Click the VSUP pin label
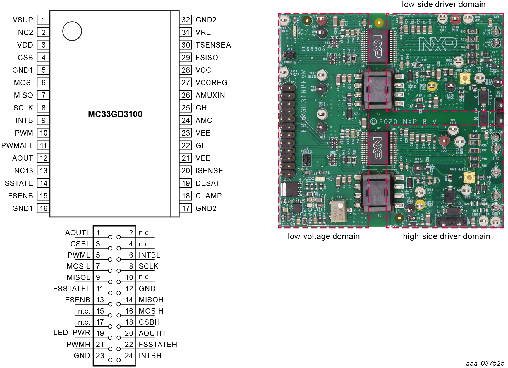pyautogui.click(x=23, y=20)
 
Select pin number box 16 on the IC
pyautogui.click(x=44, y=208)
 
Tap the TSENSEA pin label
pyautogui.click(x=213, y=45)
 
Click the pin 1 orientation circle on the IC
pyautogui.click(x=72, y=31)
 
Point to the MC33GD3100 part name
pyautogui.click(x=115, y=114)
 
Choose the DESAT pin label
pyautogui.click(x=208, y=183)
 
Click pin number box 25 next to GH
pyautogui.click(x=186, y=108)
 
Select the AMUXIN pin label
pyautogui.click(x=210, y=95)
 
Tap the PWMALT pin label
pyautogui.click(x=17, y=146)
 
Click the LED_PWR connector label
pyautogui.click(x=72, y=333)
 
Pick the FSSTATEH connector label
pyautogui.click(x=158, y=345)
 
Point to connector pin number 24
pyautogui.click(x=129, y=356)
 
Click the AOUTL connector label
pyautogui.click(x=78, y=233)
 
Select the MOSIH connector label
pyautogui.click(x=151, y=311)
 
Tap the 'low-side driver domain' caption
pyautogui.click(x=444, y=4)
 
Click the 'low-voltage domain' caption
pyautogui.click(x=324, y=236)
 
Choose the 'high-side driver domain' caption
pyautogui.click(x=446, y=236)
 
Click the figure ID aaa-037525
pyautogui.click(x=485, y=363)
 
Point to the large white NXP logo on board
pyautogui.click(x=438, y=44)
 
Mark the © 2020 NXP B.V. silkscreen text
pyautogui.click(x=405, y=122)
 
